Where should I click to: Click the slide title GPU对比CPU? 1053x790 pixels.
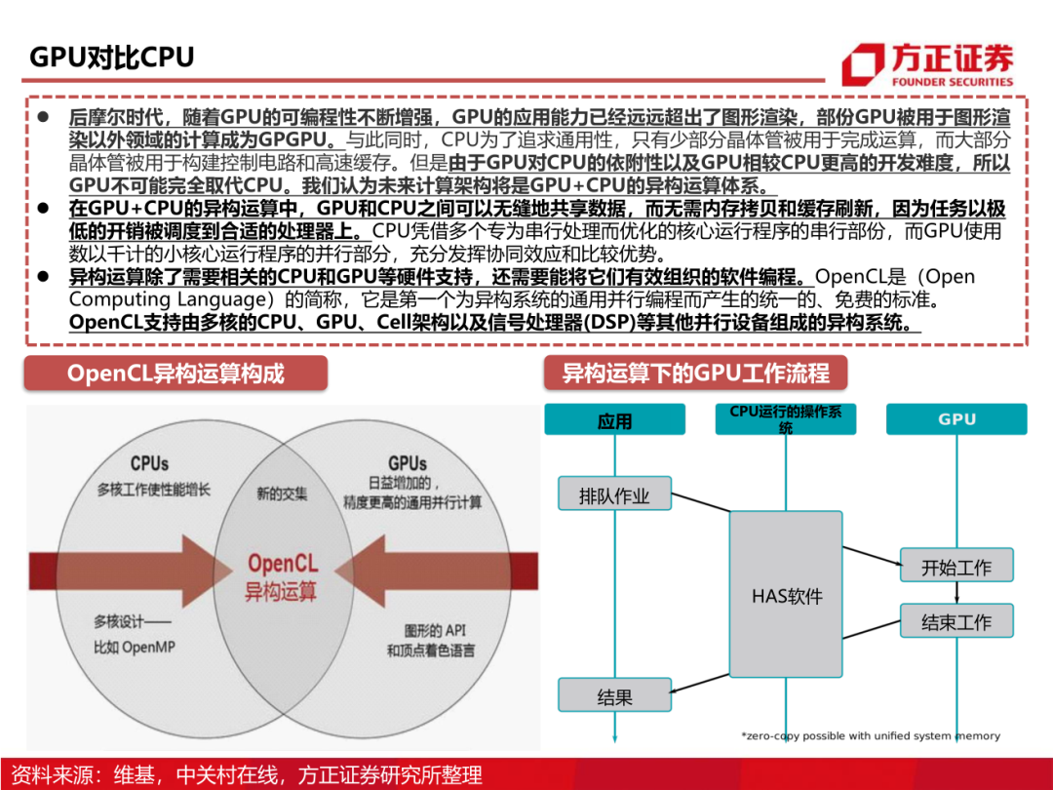point(112,56)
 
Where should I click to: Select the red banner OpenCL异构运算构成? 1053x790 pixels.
point(175,374)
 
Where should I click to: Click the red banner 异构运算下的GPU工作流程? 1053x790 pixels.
point(695,374)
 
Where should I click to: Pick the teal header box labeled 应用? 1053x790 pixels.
point(614,420)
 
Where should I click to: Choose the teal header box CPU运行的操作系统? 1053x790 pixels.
point(786,419)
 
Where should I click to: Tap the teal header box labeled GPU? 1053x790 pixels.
point(956,419)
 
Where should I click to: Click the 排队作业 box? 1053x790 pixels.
point(614,494)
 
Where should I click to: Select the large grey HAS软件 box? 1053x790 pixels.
point(786,595)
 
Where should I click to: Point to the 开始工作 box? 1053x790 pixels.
point(955,567)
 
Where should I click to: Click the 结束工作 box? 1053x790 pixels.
point(955,621)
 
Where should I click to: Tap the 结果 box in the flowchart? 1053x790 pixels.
point(614,695)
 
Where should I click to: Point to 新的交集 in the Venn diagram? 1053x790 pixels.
point(282,494)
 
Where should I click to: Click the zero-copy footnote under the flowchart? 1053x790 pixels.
point(870,735)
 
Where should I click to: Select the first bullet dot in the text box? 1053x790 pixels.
point(44,116)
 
